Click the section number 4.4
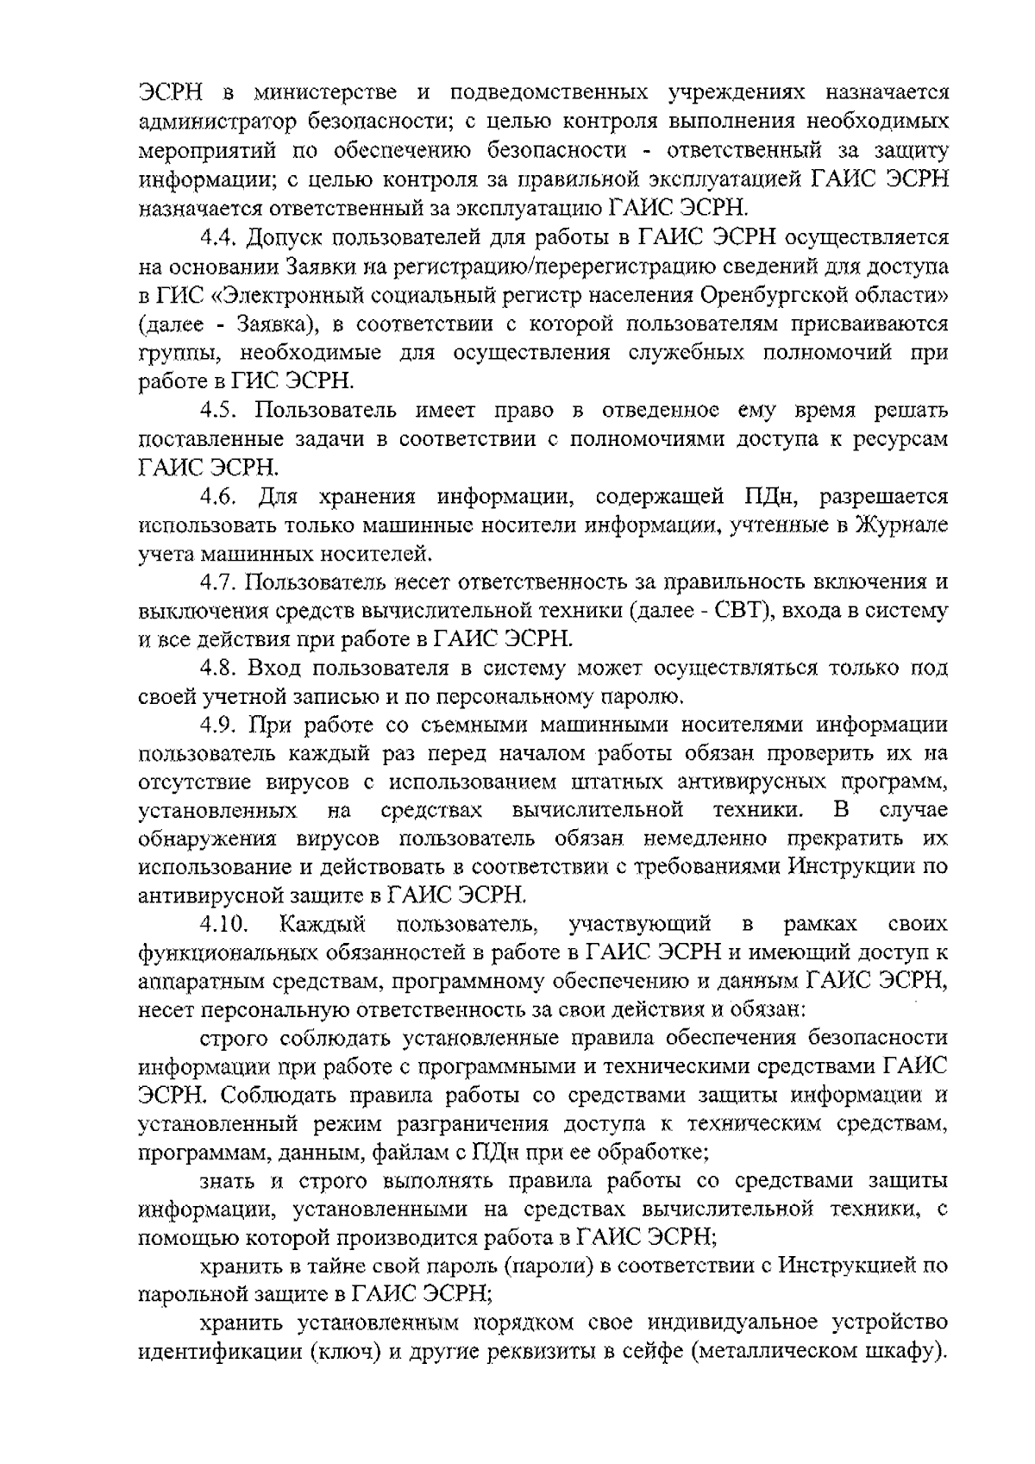click(219, 237)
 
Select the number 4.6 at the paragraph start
click(219, 496)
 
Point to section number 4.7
click(219, 581)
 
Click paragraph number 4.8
click(219, 667)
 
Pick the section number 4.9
click(219, 724)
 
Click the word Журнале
click(902, 525)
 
